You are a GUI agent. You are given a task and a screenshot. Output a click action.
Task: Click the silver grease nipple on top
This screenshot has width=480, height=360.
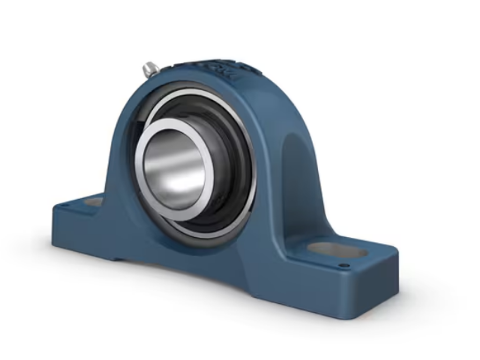pos(151,69)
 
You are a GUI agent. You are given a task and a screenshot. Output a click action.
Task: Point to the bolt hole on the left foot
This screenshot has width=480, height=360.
pos(94,202)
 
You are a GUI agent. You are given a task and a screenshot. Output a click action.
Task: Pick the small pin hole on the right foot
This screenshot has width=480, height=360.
pos(344,266)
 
